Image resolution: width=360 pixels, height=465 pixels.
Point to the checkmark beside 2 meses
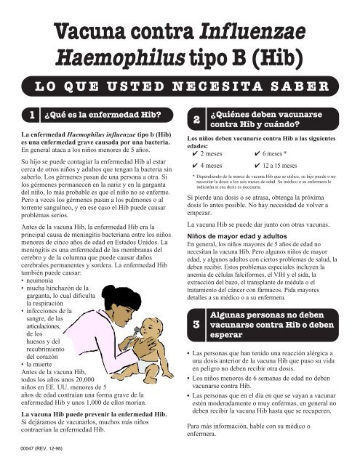pos(192,155)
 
